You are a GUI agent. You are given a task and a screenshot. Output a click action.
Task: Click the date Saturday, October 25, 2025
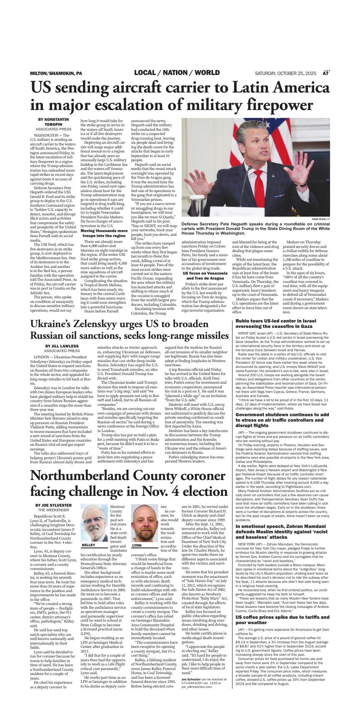[x=286, y=73]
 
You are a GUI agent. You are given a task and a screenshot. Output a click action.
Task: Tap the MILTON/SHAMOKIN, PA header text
[x=56, y=73]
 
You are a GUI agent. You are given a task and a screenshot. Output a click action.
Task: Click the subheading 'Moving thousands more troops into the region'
[x=104, y=233]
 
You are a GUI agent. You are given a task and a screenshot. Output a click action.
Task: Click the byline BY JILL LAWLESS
[x=62, y=346]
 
